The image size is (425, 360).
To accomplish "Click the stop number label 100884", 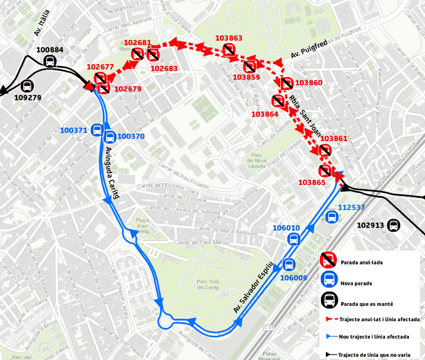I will [x=50, y=50].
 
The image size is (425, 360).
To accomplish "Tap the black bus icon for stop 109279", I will [x=28, y=86].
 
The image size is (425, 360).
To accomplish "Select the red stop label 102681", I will [x=137, y=43].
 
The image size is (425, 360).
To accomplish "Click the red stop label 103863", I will [x=229, y=38].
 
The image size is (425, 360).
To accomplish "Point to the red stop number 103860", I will [x=309, y=83].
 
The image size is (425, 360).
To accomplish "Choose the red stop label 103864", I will [x=265, y=113].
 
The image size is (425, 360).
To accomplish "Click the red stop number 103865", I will [x=312, y=182].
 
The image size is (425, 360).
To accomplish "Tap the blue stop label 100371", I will [x=73, y=130].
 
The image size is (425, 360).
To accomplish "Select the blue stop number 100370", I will [x=131, y=136].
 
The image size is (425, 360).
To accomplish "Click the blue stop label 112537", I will [x=352, y=207].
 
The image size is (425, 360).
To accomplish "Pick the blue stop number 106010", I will [x=286, y=228].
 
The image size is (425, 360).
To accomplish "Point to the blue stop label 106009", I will [x=294, y=277].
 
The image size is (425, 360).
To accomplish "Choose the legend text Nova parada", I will [x=357, y=282].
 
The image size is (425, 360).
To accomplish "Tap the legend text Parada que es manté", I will [x=367, y=303].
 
